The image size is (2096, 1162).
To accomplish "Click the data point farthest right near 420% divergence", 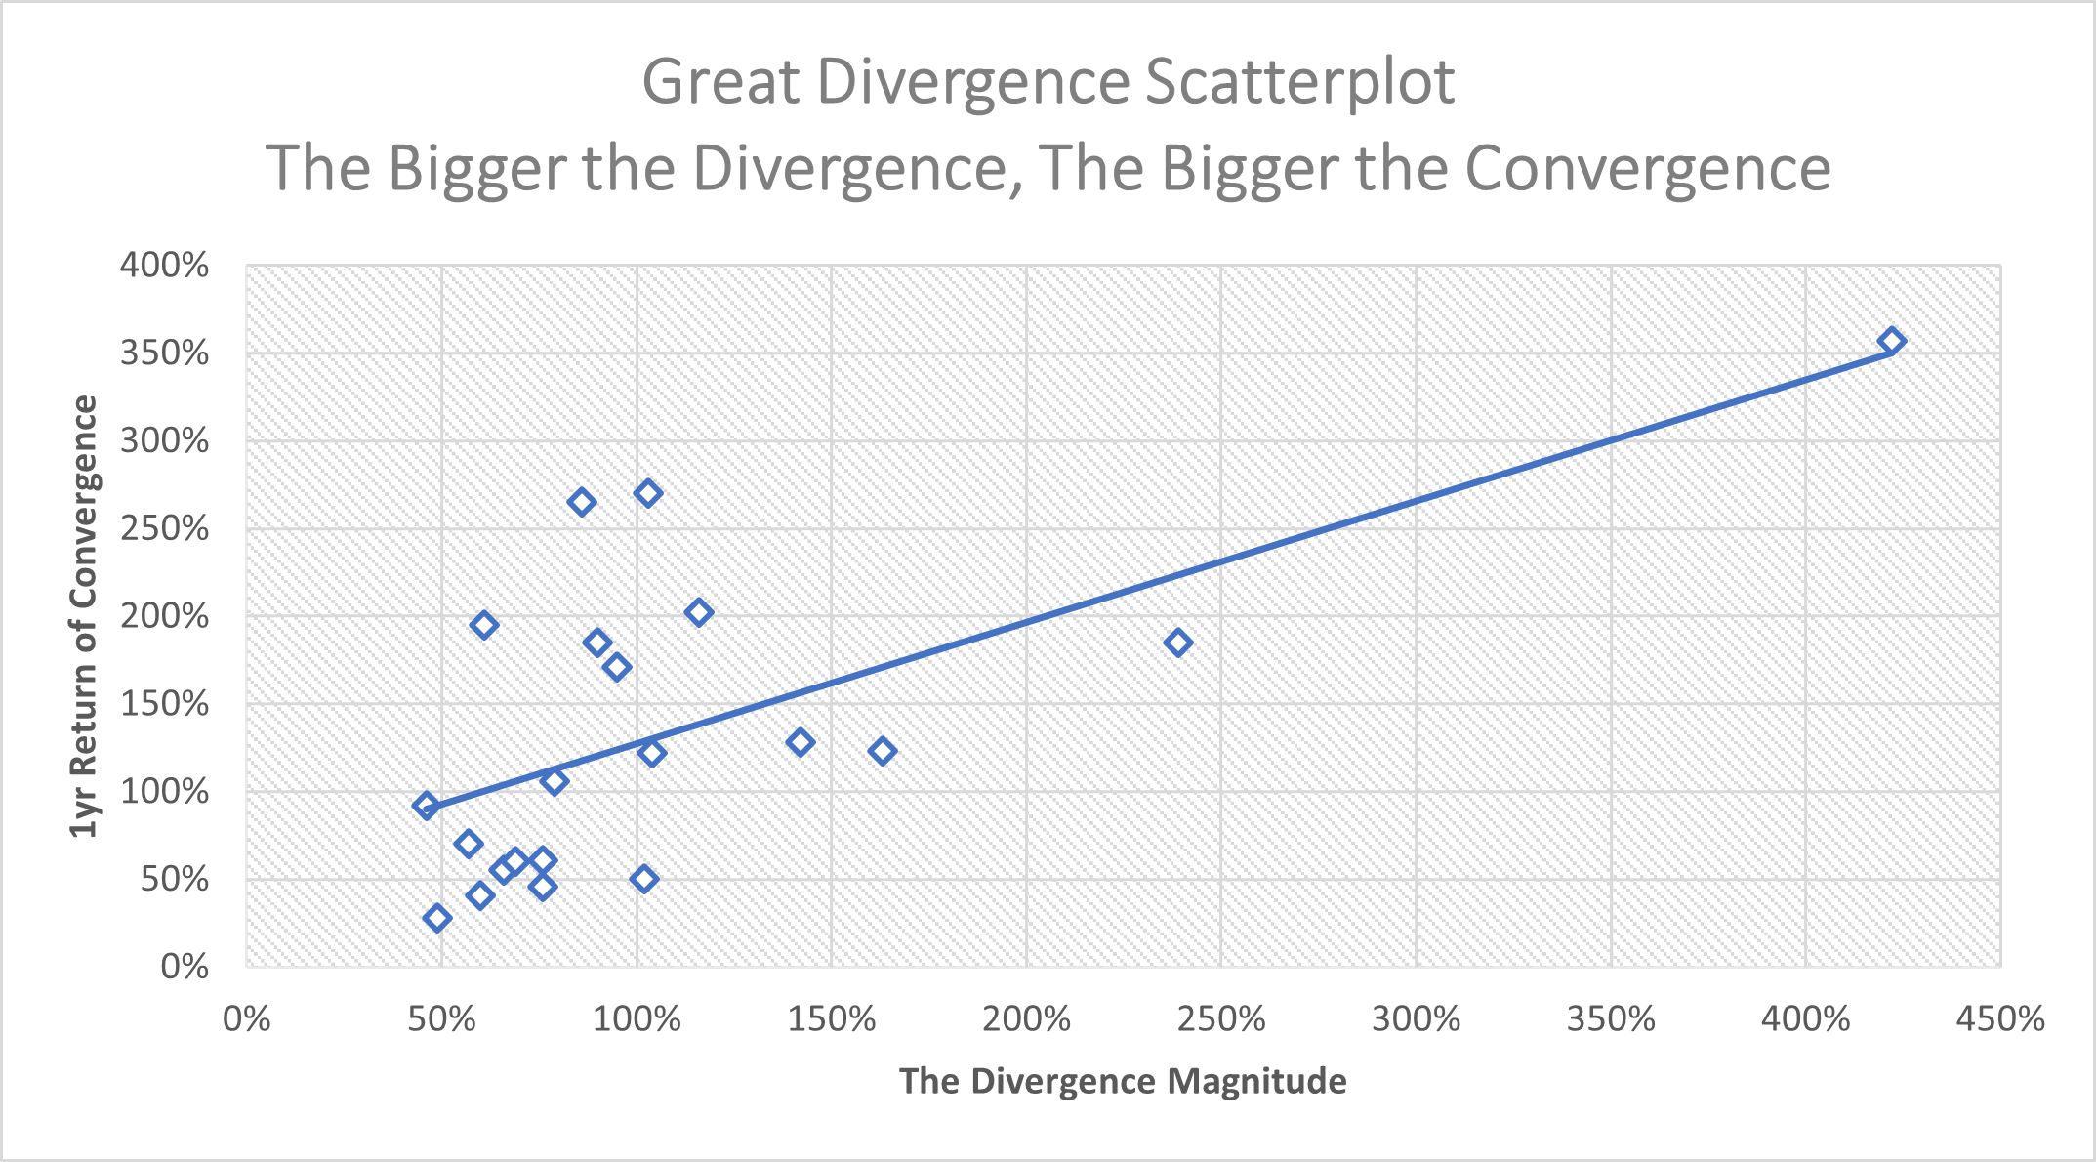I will (1892, 341).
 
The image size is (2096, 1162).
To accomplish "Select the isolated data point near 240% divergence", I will (1177, 643).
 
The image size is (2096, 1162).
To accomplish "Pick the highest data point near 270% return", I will (648, 493).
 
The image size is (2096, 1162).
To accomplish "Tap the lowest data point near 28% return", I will (436, 918).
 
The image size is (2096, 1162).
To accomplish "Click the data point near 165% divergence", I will (883, 751).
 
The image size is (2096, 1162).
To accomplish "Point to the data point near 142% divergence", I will (801, 742).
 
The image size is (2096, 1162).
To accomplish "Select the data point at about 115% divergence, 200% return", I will (698, 613).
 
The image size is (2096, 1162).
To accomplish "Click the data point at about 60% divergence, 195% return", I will (483, 625).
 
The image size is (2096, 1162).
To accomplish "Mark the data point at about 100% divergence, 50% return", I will (643, 879).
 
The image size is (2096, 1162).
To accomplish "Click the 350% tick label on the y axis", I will (165, 353).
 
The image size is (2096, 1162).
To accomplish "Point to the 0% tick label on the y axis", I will (185, 967).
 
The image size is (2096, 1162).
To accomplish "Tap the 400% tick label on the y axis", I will (165, 266).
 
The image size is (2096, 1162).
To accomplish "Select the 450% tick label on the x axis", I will (1999, 1019).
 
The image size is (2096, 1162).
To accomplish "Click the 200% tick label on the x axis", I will (1026, 1019).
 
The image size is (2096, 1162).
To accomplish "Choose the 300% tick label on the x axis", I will (1416, 1019).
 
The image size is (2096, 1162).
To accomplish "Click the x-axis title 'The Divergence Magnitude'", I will (1123, 1081).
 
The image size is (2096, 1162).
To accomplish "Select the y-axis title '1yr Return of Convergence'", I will (85, 616).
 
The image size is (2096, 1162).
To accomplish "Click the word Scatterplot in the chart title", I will (1299, 81).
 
